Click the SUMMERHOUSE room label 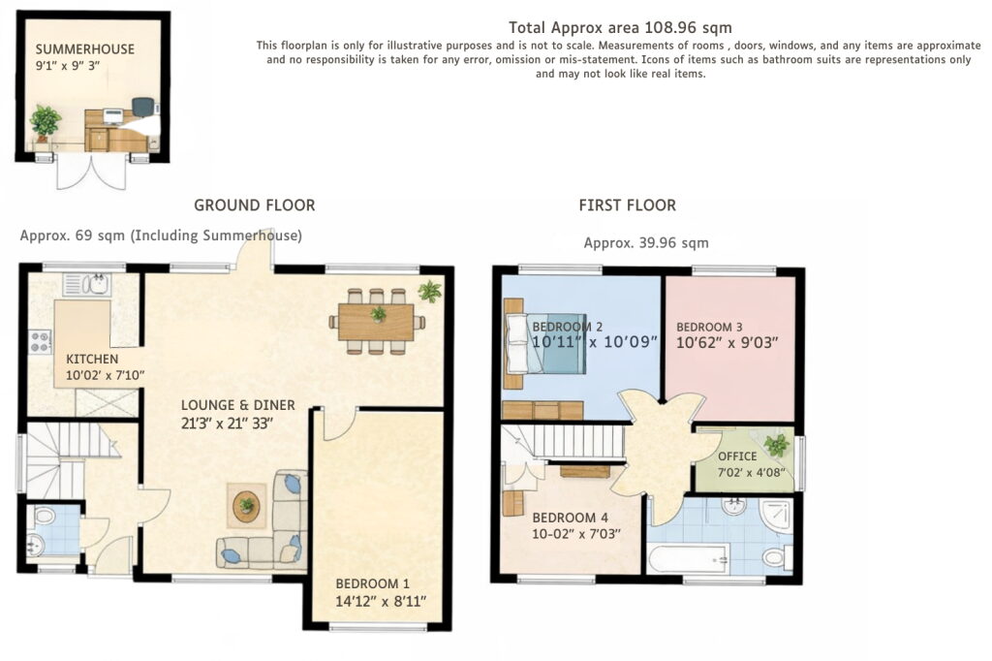(85, 49)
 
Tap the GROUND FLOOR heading (255, 205)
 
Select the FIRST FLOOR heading (628, 205)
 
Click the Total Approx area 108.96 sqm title (620, 28)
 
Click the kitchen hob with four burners (40, 342)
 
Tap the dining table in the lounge (377, 322)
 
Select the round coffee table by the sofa (246, 505)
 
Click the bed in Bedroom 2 (545, 342)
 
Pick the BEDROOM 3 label (709, 328)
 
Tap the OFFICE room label (737, 456)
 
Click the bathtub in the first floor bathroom (689, 559)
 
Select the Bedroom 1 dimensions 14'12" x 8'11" (381, 601)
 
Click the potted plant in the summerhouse (46, 122)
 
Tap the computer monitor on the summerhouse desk (112, 116)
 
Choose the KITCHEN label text (92, 359)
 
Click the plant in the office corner (776, 445)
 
